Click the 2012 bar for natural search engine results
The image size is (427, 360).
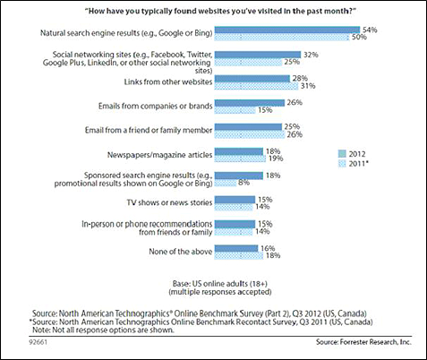[287, 30]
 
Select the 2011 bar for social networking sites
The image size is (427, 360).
[248, 62]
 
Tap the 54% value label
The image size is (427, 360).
[370, 30]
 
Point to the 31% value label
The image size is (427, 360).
[308, 86]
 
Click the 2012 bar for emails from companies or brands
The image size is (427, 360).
[250, 103]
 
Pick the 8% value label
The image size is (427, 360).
[244, 183]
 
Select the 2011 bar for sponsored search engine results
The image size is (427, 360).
[226, 183]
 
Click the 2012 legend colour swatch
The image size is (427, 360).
[342, 154]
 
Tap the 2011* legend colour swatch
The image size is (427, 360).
[342, 164]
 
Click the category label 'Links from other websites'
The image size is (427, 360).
[168, 81]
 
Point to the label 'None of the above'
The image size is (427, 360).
[181, 252]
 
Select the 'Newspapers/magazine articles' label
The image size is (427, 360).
[160, 155]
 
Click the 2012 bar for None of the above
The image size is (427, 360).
[236, 248]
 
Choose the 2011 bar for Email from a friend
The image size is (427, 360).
[250, 134]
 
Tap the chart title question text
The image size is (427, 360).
[221, 12]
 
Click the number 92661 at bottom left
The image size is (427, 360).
[38, 342]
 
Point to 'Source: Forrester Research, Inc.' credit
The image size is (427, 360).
[363, 342]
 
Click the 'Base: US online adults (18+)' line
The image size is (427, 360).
[220, 283]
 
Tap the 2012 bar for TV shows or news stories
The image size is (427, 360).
[235, 200]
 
